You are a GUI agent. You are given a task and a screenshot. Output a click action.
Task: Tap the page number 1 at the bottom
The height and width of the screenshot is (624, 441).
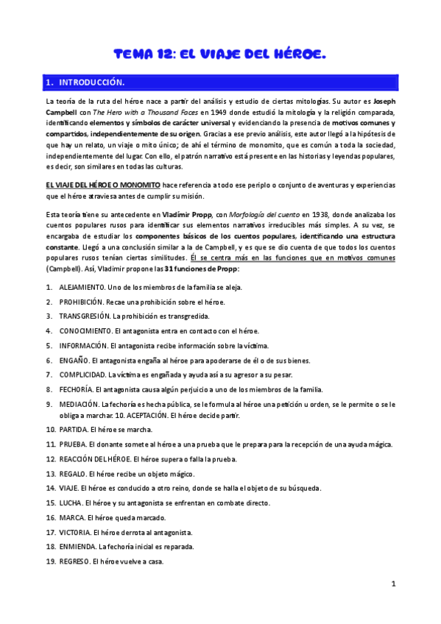[394, 584]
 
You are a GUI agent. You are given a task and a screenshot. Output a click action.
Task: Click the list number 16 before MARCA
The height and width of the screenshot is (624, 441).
[51, 517]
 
